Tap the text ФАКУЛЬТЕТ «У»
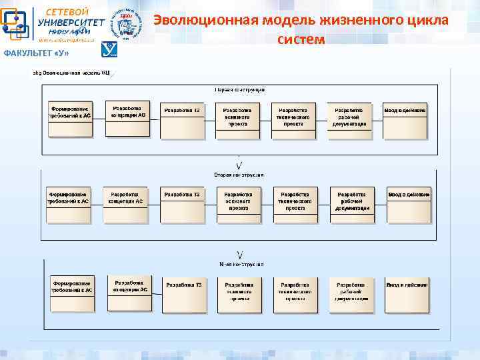click(x=36, y=53)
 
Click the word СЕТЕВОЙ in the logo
click(x=67, y=11)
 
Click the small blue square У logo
click(x=109, y=50)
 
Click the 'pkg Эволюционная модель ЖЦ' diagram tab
click(x=70, y=72)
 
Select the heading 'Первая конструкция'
click(x=239, y=89)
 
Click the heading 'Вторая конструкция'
click(x=239, y=175)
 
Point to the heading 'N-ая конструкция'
click(x=241, y=264)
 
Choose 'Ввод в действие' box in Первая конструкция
click(x=404, y=119)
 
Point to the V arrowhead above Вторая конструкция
click(x=239, y=165)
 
